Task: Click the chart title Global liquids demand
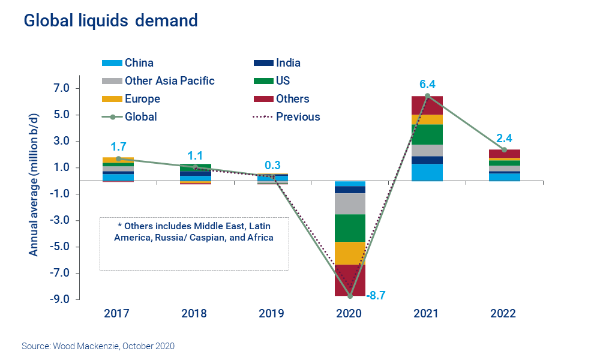point(110,20)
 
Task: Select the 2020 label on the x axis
point(350,314)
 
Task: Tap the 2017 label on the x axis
point(118,314)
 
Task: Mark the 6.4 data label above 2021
point(427,84)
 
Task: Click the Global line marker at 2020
point(350,296)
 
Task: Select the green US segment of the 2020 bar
point(350,228)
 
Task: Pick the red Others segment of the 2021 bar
point(427,105)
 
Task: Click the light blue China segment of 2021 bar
point(427,172)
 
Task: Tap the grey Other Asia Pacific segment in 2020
point(350,203)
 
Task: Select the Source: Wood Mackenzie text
point(98,346)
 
